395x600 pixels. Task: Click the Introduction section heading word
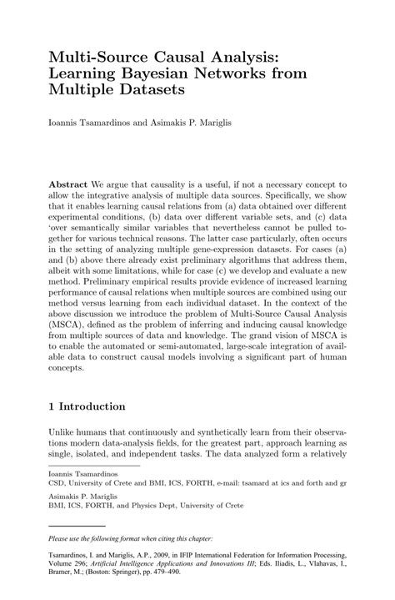[92, 406]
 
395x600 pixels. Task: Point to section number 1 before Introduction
[52, 406]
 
